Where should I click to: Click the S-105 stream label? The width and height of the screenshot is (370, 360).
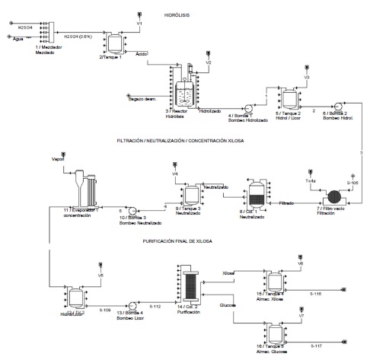point(352,183)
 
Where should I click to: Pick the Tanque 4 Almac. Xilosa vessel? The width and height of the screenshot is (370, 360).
point(273,279)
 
